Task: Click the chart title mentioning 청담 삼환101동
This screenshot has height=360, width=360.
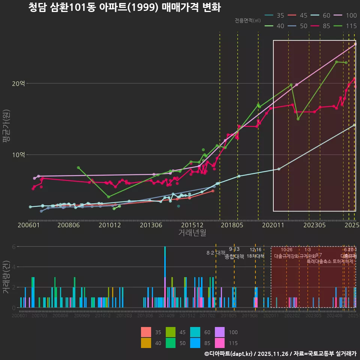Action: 124,8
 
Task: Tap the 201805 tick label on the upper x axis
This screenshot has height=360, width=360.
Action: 232,225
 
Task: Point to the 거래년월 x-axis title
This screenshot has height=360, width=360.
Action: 192,233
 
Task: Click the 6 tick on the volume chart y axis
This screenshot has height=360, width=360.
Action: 13,247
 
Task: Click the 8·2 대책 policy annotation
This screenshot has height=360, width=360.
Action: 216,252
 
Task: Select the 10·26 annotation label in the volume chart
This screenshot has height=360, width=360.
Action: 286,250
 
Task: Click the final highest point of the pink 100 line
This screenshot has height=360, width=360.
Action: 355,44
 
